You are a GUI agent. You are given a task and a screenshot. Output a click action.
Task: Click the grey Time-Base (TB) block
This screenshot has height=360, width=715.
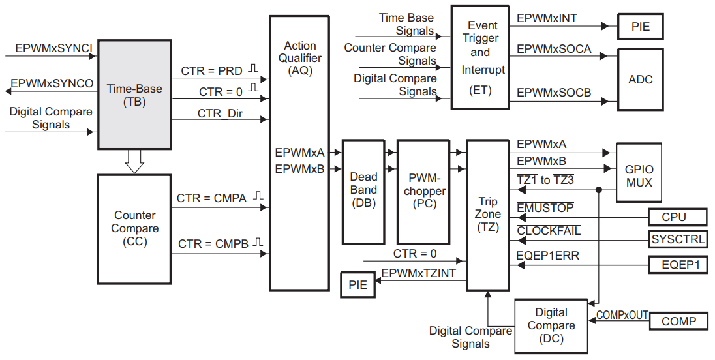click(134, 95)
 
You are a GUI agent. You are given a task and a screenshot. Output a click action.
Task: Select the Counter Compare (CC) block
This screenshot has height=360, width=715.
click(134, 228)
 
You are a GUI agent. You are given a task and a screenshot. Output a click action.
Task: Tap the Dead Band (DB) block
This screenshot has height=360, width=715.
click(363, 190)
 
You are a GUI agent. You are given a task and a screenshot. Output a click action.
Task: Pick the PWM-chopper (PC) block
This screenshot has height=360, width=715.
click(424, 190)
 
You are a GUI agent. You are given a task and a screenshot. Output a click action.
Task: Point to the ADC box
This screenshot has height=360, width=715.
click(640, 80)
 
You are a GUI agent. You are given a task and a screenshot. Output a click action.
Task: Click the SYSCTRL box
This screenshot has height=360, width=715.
click(678, 239)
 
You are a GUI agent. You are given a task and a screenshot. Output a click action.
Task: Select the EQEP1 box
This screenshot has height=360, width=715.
click(678, 265)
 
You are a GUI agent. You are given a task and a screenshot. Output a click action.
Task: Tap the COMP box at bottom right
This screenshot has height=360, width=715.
click(678, 321)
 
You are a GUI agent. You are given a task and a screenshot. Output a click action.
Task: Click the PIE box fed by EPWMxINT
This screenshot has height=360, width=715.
click(640, 27)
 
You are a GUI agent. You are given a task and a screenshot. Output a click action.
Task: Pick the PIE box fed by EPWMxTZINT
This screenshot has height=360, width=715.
click(357, 284)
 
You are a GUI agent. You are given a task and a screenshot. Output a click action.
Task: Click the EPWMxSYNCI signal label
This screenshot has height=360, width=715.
click(54, 48)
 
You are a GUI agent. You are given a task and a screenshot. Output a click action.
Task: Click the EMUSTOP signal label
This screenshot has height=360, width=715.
click(545, 208)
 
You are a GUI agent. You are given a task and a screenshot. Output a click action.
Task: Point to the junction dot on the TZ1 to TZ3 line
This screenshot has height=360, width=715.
click(598, 190)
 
